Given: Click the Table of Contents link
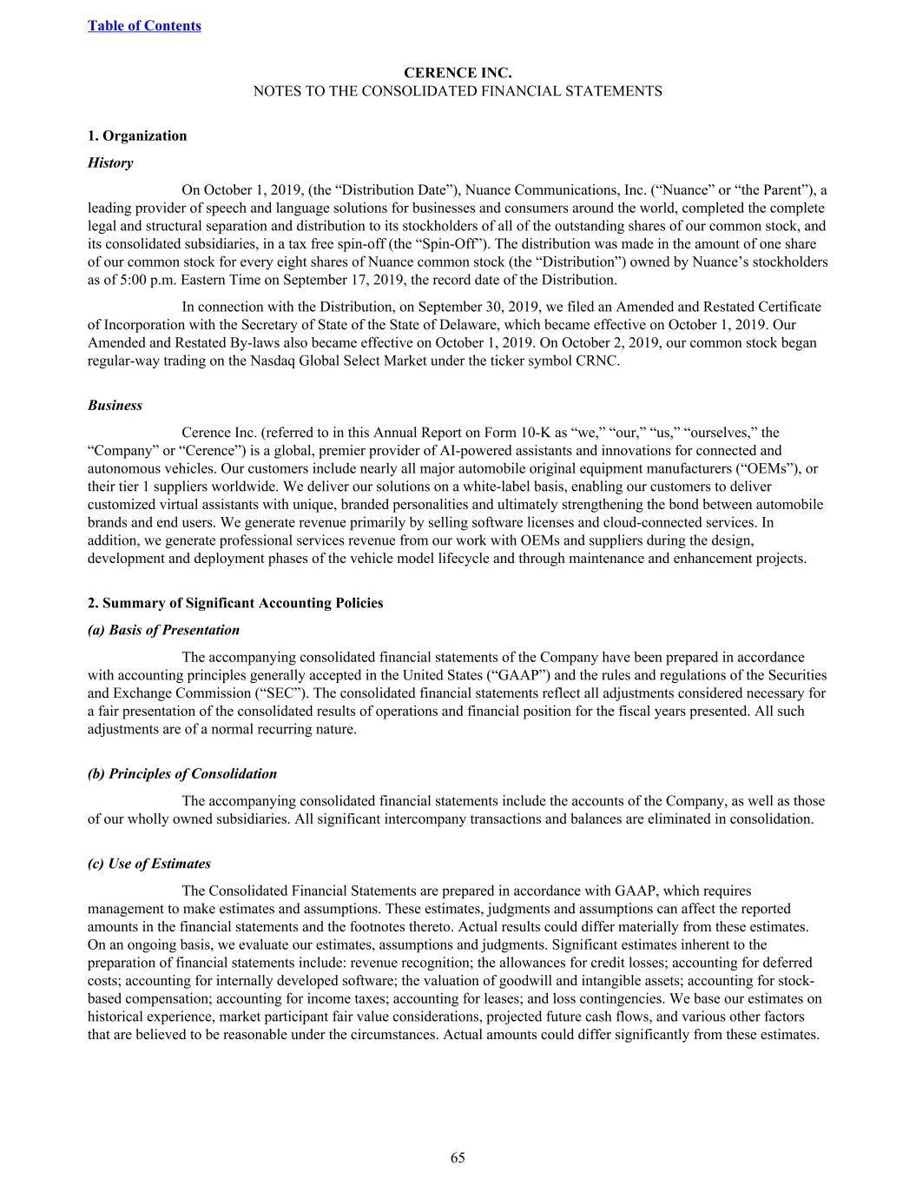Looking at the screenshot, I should [144, 25].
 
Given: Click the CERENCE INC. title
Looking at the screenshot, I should [457, 73].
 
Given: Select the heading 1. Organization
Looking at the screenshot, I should [137, 136].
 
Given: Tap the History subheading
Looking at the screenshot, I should [110, 162].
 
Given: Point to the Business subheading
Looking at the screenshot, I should [115, 406].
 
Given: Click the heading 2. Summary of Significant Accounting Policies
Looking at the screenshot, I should [235, 603].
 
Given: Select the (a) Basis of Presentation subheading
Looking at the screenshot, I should [163, 630].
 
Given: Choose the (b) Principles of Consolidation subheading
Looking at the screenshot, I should [182, 774].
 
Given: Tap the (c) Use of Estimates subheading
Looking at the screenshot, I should [149, 864].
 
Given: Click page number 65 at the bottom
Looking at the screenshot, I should [458, 1157].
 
